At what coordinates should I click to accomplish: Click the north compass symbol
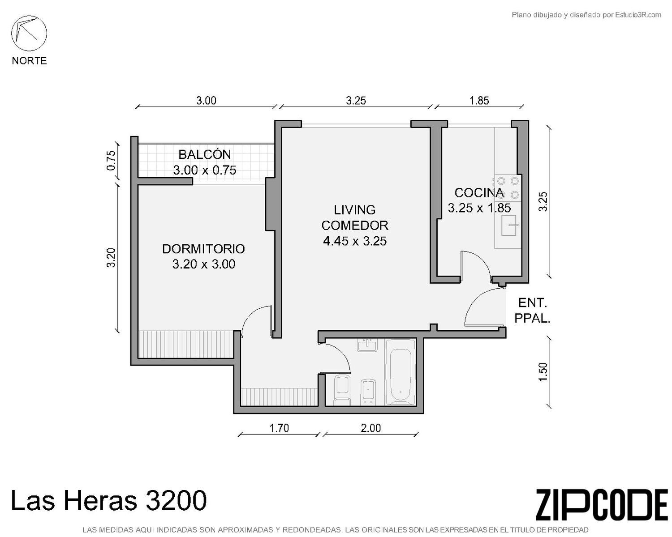click(x=29, y=33)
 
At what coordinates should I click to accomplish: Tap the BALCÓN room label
click(x=205, y=154)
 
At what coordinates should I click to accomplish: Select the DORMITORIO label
click(x=203, y=249)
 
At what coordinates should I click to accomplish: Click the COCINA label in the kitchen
click(x=479, y=193)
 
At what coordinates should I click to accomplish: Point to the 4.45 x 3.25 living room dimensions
click(x=355, y=241)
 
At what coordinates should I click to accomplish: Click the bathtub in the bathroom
click(x=401, y=372)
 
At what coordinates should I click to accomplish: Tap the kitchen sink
click(x=508, y=225)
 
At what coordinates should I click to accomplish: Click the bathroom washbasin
click(x=367, y=345)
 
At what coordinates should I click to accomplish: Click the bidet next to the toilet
click(x=368, y=392)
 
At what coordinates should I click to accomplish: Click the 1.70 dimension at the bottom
click(x=279, y=428)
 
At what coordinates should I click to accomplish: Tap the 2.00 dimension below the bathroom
click(x=370, y=428)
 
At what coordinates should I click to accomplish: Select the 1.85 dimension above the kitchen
click(x=479, y=101)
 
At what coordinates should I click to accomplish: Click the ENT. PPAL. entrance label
click(x=532, y=311)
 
